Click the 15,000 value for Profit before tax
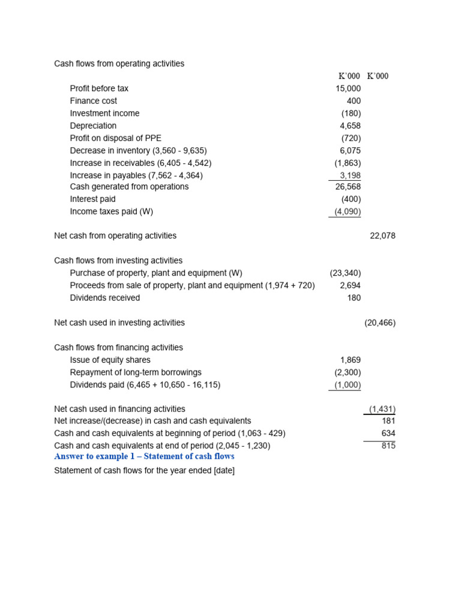(348, 88)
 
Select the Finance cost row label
(93, 101)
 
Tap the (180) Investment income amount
(351, 114)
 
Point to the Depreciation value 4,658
(350, 126)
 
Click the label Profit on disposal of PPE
(115, 138)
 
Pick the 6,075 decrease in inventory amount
(350, 151)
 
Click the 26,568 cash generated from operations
(348, 187)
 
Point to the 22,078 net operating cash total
(382, 236)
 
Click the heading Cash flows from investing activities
(118, 261)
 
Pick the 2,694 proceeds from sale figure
(350, 286)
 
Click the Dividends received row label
(104, 298)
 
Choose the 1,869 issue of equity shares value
(350, 360)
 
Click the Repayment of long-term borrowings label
(136, 372)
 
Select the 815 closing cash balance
(388, 446)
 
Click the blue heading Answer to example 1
(144, 456)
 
